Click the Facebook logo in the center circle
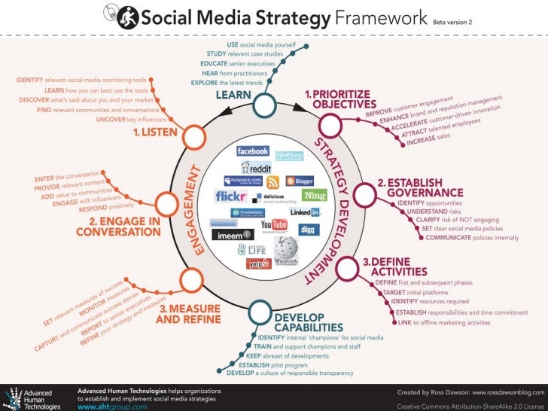pyautogui.click(x=252, y=151)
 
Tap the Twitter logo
pyautogui.click(x=289, y=157)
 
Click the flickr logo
pyautogui.click(x=230, y=196)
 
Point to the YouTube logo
pyautogui.click(x=274, y=224)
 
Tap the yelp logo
pyautogui.click(x=258, y=263)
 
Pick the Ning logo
pyautogui.click(x=315, y=196)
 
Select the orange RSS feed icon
pyautogui.click(x=272, y=181)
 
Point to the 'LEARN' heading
pyautogui.click(x=233, y=96)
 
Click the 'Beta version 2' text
pyautogui.click(x=452, y=22)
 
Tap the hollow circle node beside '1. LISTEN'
pyautogui.click(x=193, y=137)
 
